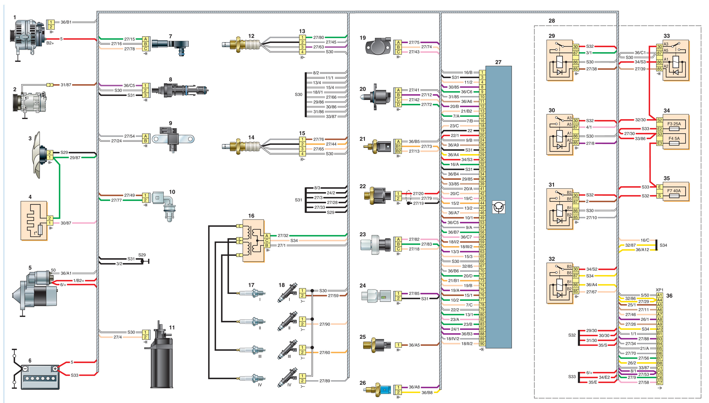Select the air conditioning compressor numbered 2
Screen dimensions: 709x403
[29, 102]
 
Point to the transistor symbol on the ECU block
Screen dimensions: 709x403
[498, 207]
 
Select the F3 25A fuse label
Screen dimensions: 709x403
[674, 124]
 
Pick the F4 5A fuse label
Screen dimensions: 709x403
[674, 138]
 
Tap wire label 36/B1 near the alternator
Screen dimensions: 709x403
[66, 22]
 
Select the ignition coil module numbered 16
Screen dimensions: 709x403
[253, 241]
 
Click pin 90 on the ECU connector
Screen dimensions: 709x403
[482, 344]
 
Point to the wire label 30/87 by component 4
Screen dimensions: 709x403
[66, 223]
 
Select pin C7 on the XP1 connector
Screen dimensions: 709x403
[659, 382]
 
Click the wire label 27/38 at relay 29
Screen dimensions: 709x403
[592, 69]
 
